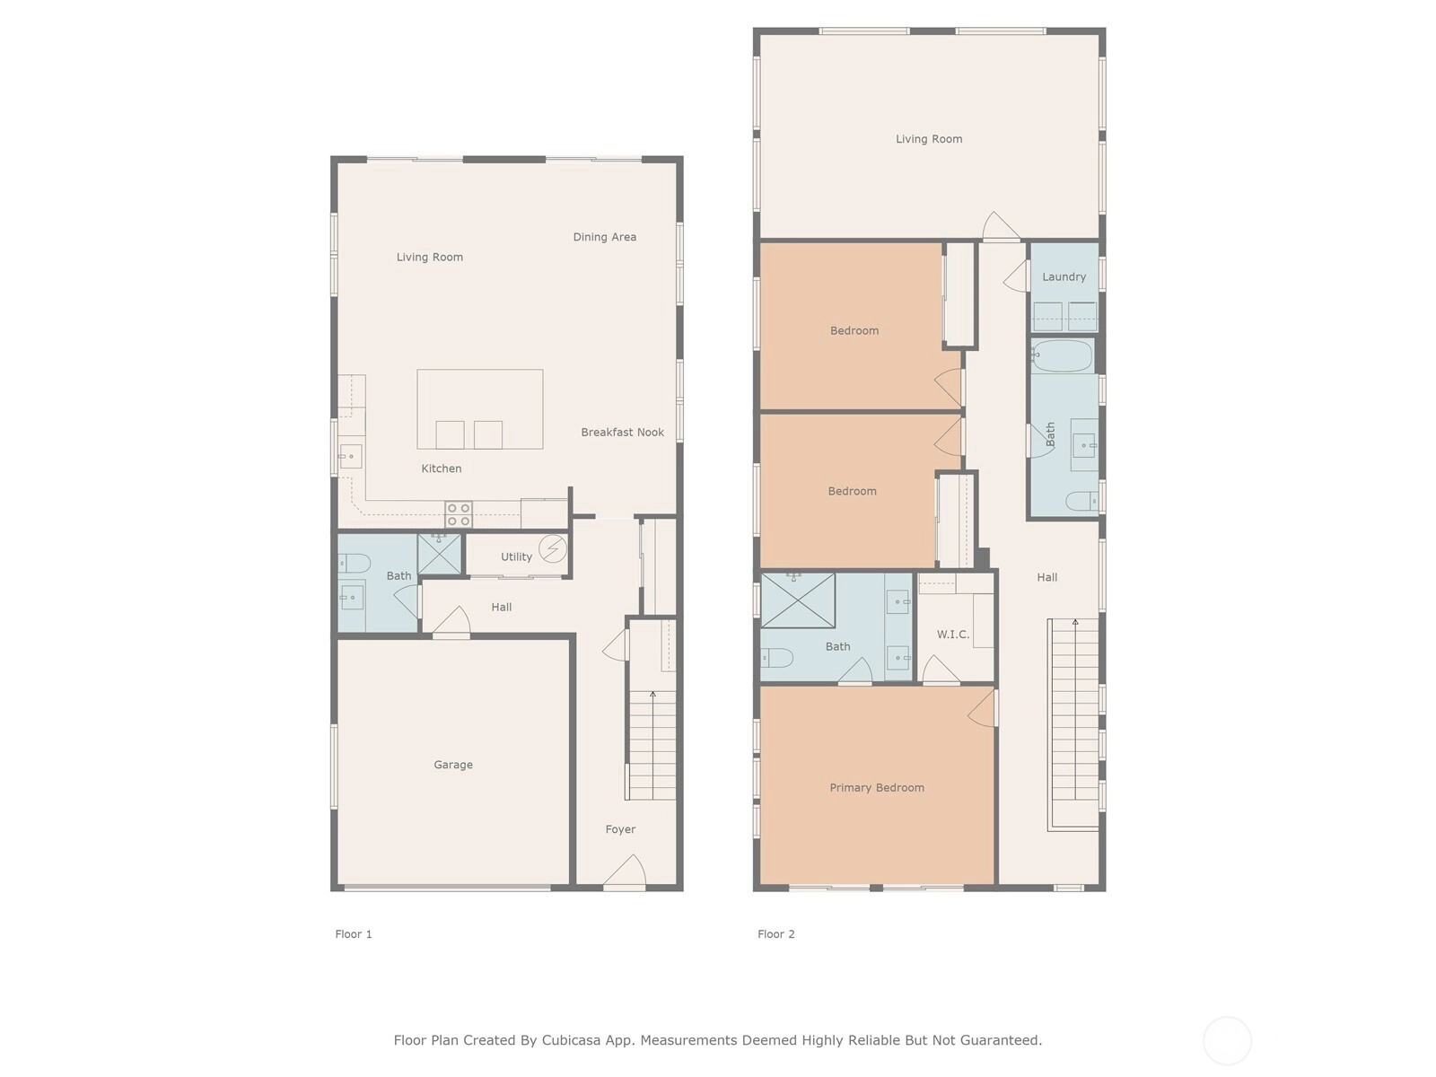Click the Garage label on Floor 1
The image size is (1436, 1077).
(452, 765)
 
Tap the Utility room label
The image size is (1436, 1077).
(516, 556)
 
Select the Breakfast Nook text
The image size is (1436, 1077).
(622, 433)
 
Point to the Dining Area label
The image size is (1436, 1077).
(605, 237)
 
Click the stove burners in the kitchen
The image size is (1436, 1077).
(459, 514)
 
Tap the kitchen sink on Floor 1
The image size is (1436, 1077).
(350, 456)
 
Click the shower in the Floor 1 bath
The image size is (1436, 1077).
(439, 554)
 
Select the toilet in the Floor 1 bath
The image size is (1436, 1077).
(354, 563)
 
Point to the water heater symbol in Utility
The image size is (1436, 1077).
(553, 548)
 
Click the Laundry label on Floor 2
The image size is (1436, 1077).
(1064, 276)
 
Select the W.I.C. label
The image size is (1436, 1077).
(952, 635)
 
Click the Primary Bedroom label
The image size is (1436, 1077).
(877, 788)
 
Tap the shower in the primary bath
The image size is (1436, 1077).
(798, 601)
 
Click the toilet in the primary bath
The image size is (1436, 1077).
(776, 657)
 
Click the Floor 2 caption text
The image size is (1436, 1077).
(776, 933)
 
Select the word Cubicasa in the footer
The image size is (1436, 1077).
(571, 1039)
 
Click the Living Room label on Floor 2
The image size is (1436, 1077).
(928, 139)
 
